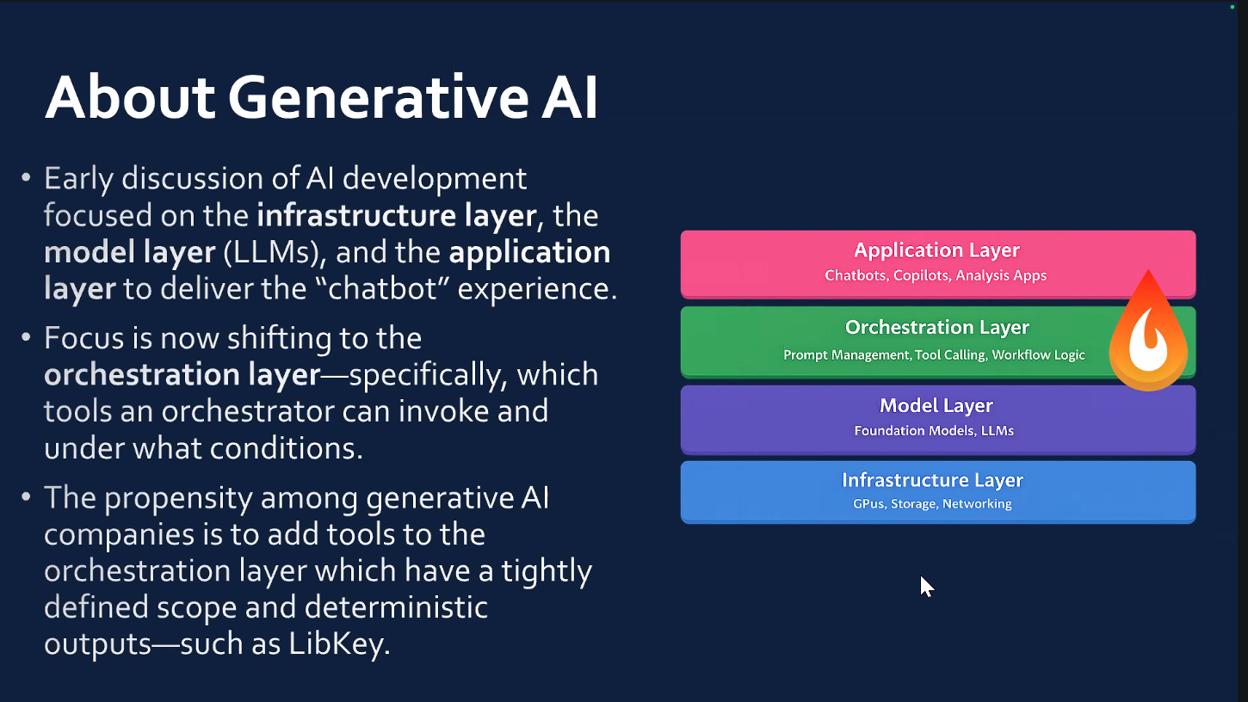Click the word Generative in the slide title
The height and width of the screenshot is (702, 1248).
coord(379,98)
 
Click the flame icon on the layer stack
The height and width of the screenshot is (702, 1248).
coord(1148,330)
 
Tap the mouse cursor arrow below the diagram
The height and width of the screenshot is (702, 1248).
coord(926,587)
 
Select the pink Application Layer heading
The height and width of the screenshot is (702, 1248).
coord(936,250)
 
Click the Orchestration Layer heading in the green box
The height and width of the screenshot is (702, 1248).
coord(936,327)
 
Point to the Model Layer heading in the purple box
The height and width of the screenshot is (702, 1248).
coord(936,405)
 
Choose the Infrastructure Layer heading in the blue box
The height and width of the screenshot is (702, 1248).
coord(932,480)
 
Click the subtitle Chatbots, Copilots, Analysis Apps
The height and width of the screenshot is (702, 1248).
coord(936,275)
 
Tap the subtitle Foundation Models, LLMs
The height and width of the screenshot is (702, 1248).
coord(934,431)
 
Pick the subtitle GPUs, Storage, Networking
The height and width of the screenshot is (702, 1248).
coord(932,504)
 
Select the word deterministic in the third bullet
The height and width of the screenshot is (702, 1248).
coord(396,607)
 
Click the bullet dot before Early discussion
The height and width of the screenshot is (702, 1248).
coord(26,177)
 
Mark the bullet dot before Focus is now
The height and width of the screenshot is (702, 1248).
coord(26,337)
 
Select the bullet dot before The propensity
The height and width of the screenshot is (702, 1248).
coord(26,496)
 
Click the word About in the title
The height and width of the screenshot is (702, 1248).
coord(130,98)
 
